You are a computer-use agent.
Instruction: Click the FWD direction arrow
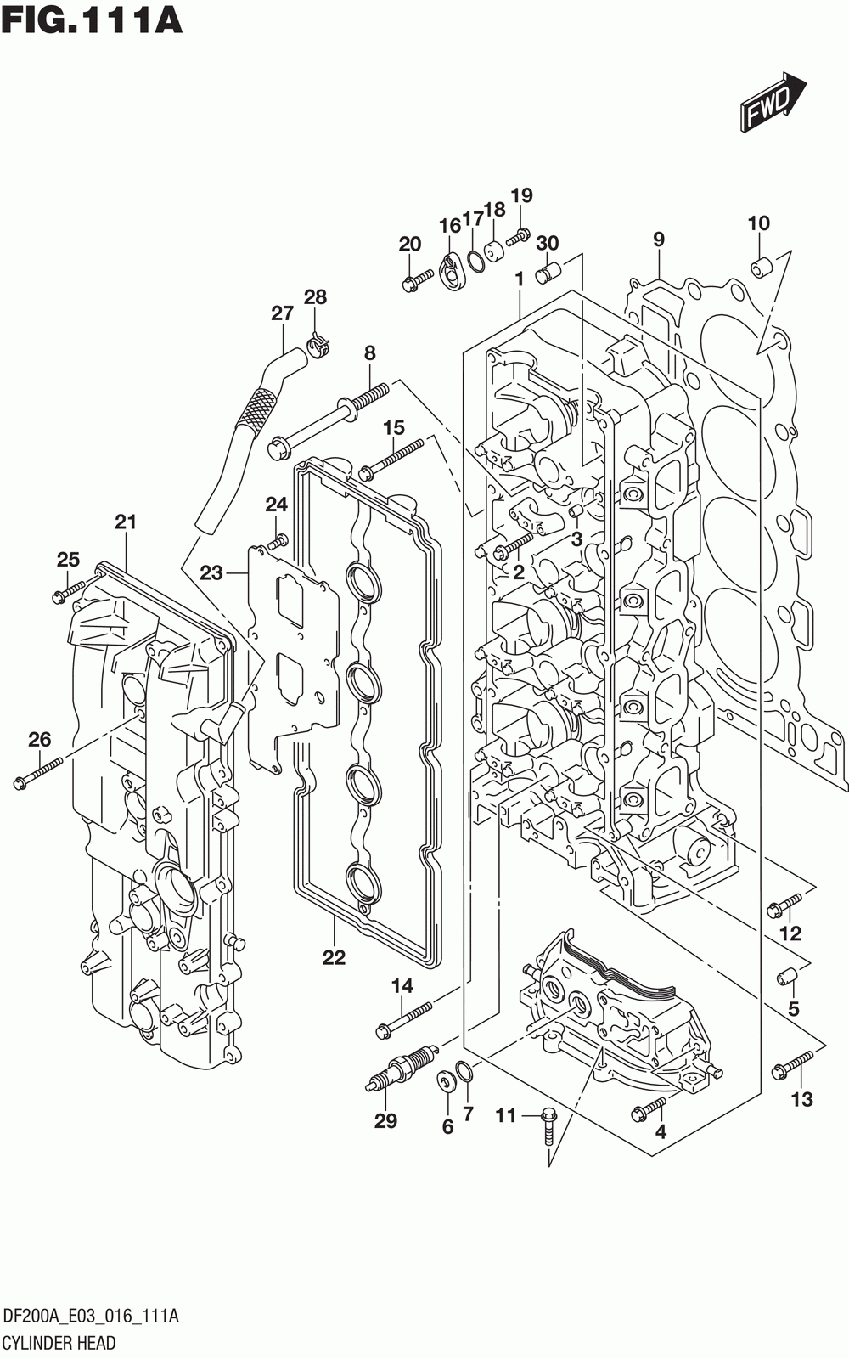coord(773,101)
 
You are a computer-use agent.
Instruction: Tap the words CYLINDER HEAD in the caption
coord(59,1343)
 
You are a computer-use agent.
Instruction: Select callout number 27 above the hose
coord(283,313)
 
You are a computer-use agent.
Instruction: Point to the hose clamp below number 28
coord(318,346)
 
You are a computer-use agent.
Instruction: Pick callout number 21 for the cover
coord(127,522)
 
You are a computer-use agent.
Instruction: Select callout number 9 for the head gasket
coord(659,239)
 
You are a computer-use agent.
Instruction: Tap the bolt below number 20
coord(417,280)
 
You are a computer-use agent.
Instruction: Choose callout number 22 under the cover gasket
coord(335,956)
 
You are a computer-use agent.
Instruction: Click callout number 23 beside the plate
coord(211,572)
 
